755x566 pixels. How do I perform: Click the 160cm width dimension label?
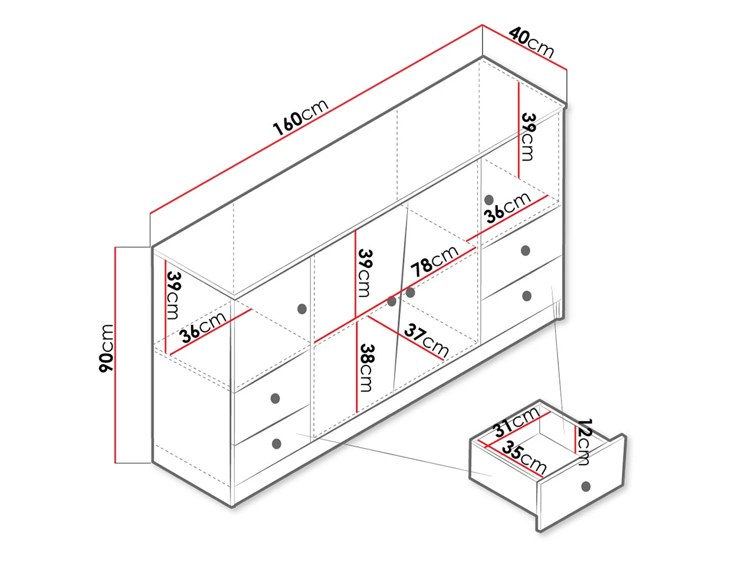click(300, 117)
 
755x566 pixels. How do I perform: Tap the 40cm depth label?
click(531, 42)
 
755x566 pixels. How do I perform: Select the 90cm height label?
click(106, 348)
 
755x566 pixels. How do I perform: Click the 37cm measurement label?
click(426, 341)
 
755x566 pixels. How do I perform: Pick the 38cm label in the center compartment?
click(366, 368)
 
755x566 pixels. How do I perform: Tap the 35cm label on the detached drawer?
click(524, 458)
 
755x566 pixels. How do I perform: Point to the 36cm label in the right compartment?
click(508, 208)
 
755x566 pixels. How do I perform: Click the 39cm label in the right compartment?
click(528, 137)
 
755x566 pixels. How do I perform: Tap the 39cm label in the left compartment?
click(173, 295)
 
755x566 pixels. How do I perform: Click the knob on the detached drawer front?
click(586, 486)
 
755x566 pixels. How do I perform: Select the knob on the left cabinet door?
click(301, 309)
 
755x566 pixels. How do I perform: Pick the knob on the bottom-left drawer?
click(276, 443)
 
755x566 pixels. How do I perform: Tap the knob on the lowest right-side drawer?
click(527, 295)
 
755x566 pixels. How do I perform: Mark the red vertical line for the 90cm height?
click(115, 355)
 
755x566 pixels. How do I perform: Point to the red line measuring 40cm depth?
click(524, 47)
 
